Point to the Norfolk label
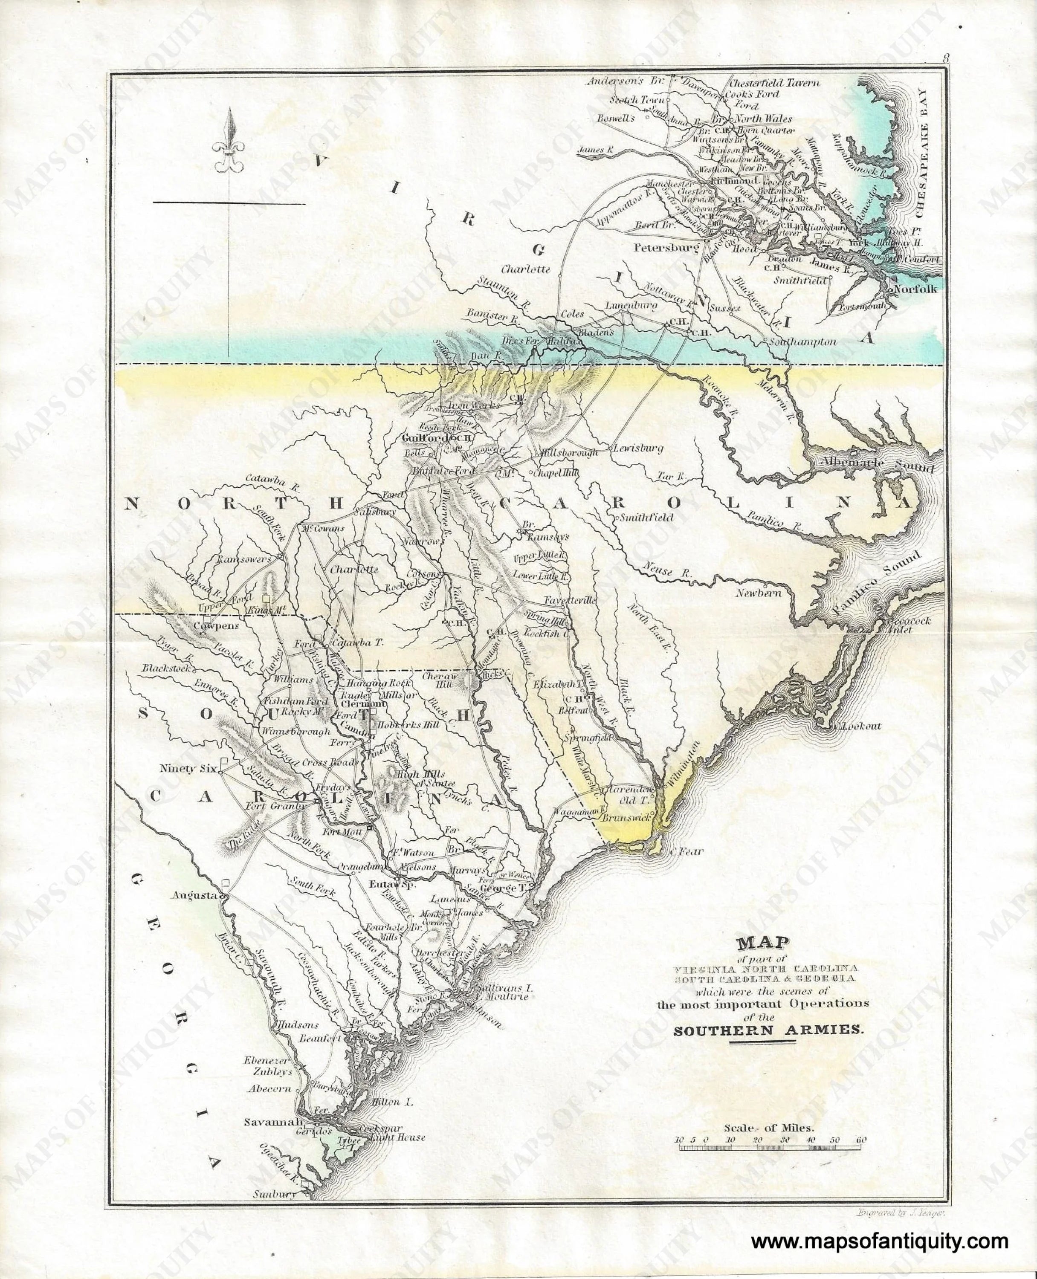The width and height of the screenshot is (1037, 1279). coord(916,289)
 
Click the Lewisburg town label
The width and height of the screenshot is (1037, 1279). coord(638,449)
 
